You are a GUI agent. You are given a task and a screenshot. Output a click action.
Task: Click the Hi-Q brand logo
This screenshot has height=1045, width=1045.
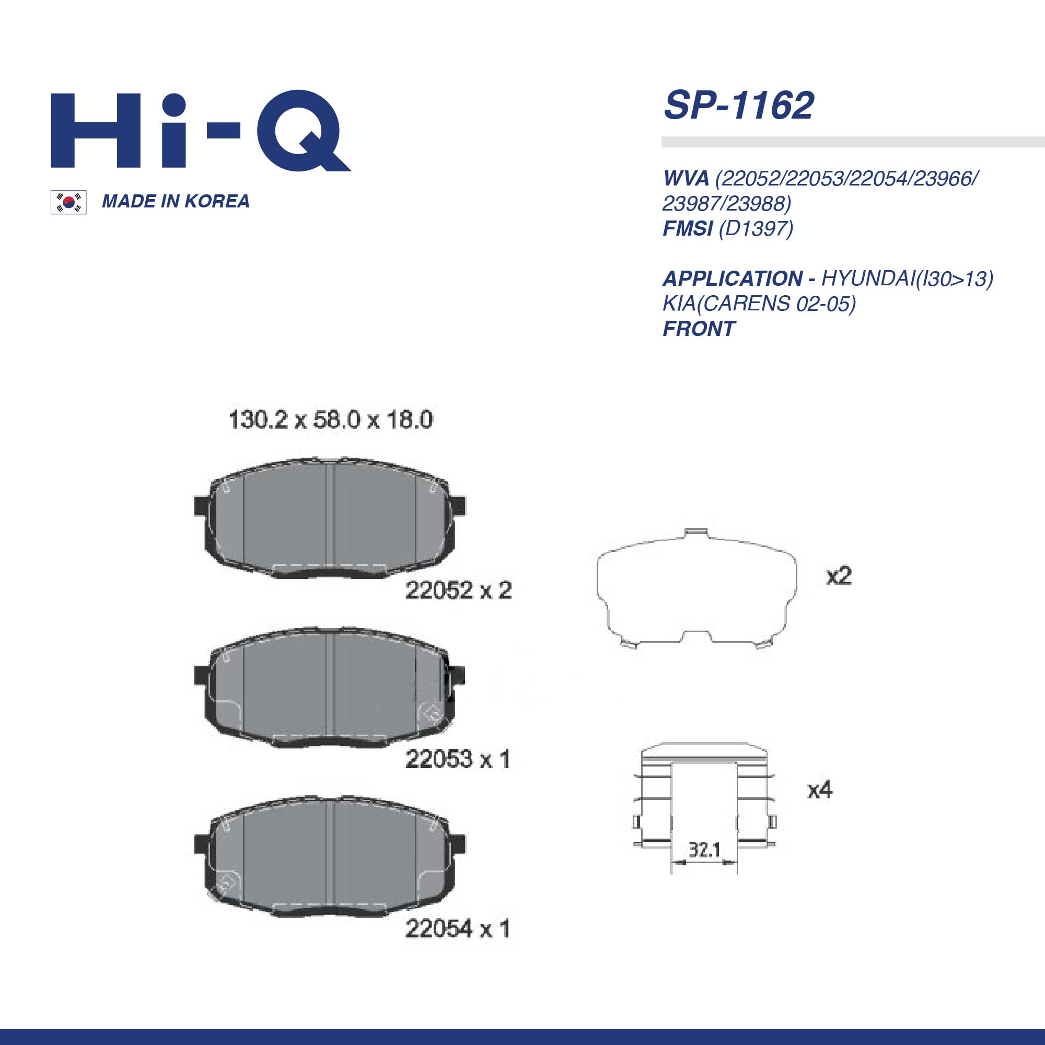[200, 131]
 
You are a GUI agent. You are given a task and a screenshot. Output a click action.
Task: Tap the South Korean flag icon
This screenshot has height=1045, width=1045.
[68, 202]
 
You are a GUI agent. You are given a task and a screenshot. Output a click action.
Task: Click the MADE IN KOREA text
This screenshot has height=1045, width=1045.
[176, 201]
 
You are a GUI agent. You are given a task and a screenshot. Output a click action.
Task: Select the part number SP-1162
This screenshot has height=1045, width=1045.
[738, 106]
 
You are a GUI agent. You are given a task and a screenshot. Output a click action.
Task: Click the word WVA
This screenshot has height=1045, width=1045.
[686, 179]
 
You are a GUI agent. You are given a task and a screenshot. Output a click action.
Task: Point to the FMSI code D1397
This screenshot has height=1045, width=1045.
[756, 229]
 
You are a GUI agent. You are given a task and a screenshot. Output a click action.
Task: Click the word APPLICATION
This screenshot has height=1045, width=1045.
[733, 278]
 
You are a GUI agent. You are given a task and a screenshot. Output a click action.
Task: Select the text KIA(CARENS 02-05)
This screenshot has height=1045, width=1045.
[759, 304]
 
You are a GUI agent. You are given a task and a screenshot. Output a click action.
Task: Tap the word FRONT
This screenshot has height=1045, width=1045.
[699, 329]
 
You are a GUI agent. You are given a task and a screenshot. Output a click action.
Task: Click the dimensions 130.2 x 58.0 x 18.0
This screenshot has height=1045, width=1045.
[331, 420]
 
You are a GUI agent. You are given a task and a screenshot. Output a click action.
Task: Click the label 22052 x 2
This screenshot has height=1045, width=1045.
[458, 590]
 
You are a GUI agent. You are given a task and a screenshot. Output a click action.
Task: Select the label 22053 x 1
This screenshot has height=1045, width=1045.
[458, 759]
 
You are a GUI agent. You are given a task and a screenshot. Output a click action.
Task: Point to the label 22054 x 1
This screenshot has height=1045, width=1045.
[458, 929]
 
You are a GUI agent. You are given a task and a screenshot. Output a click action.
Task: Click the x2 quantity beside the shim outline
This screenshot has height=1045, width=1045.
[839, 576]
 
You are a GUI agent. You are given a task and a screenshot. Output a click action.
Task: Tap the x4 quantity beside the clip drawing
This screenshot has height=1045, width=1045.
[820, 790]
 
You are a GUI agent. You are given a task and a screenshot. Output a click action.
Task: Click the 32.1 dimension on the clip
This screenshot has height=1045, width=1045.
[704, 850]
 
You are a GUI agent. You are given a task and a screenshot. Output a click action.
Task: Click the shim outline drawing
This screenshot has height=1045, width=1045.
[696, 589]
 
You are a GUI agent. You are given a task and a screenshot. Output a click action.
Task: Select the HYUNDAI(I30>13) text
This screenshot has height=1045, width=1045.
[907, 278]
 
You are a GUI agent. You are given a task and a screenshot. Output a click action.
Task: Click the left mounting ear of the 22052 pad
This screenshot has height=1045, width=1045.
[201, 506]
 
